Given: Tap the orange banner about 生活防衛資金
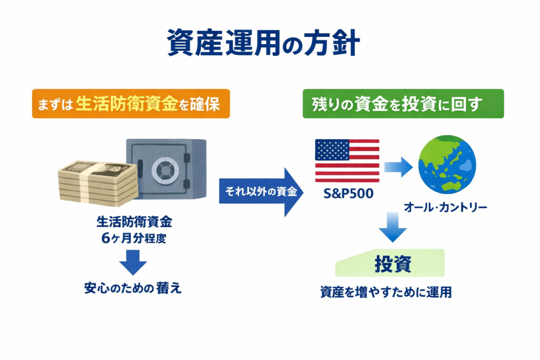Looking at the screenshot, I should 131,103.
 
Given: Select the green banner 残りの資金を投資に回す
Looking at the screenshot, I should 402,103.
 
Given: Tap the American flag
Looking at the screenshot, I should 347,161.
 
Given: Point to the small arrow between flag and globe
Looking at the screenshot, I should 398,167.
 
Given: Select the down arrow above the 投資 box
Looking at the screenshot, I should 392,227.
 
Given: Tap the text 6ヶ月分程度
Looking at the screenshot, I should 134,238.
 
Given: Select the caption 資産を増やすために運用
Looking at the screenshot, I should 385,292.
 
